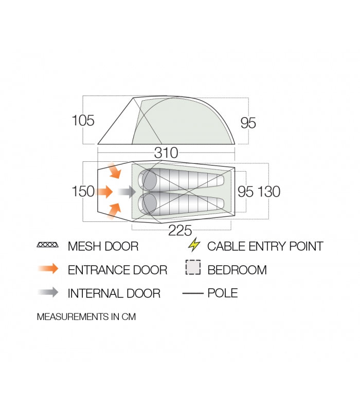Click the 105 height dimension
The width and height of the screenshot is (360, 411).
pos(83,121)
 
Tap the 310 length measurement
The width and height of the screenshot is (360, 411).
pos(166,153)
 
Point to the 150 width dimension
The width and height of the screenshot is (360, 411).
pos(83,192)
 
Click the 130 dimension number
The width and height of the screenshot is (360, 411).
pos(269,192)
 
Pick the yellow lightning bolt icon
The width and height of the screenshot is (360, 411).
pos(194,245)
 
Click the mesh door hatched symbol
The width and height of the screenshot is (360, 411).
pos(48,246)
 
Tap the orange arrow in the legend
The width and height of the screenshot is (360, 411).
pos(48,269)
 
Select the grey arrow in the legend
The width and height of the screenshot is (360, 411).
pos(48,292)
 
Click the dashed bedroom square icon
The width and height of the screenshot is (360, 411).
pos(192,269)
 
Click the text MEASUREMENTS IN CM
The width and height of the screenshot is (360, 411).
pos(86,317)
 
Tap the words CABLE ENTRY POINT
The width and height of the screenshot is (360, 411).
pos(265,246)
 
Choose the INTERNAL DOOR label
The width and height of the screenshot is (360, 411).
pos(114,293)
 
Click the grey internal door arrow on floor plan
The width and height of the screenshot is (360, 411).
pos(126,192)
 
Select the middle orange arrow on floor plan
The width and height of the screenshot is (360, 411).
pos(105,192)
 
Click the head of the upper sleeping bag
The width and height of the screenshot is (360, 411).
pos(149,180)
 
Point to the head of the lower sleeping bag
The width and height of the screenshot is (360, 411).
pos(149,204)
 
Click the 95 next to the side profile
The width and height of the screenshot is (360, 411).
pos(248,123)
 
